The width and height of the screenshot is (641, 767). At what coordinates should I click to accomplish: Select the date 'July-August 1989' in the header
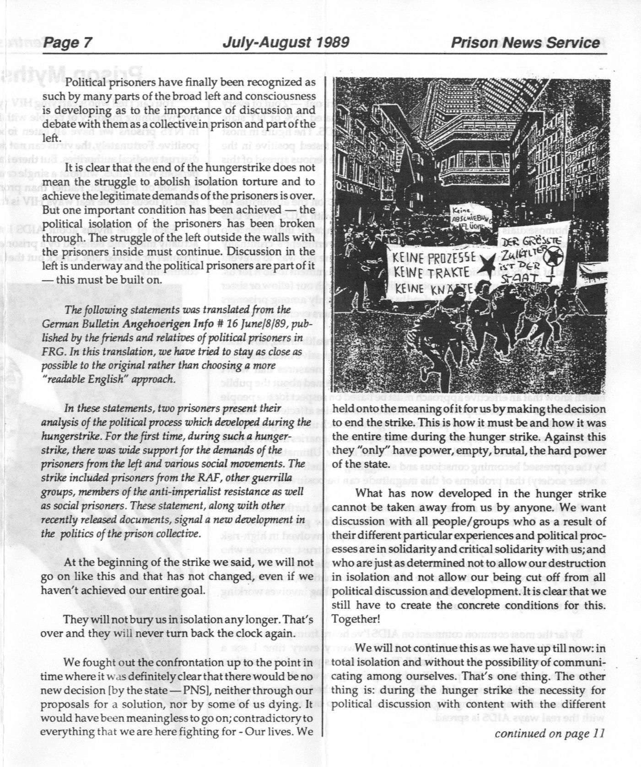(x=286, y=43)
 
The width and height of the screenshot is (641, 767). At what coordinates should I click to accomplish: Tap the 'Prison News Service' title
(x=525, y=43)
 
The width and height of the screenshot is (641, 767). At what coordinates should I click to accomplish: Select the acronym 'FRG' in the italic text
(x=51, y=352)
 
